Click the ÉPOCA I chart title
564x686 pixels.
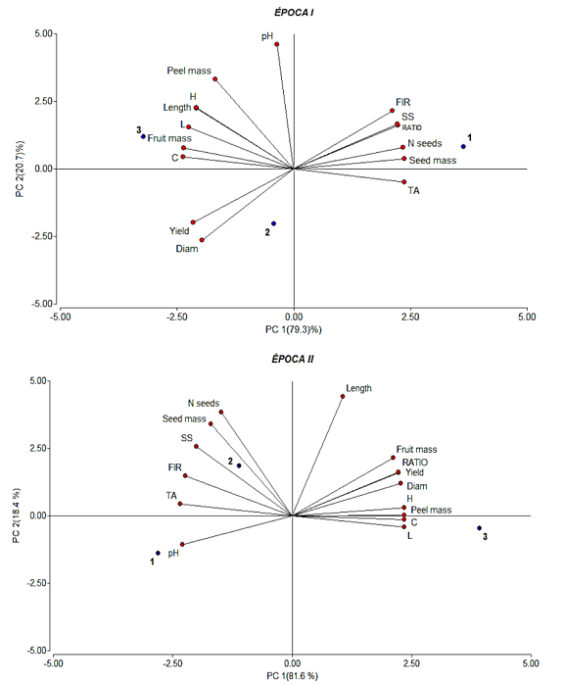[294, 13]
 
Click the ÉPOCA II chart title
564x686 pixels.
[293, 360]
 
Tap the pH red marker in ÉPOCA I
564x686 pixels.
[277, 44]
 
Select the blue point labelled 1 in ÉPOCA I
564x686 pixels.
[463, 147]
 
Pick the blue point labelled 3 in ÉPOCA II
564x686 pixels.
[479, 528]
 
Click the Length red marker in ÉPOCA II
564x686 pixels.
[343, 396]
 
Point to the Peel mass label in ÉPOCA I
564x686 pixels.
[189, 71]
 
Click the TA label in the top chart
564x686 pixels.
[413, 191]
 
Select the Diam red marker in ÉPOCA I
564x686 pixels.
[202, 240]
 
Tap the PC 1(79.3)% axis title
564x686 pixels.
[294, 329]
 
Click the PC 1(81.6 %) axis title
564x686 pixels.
[293, 676]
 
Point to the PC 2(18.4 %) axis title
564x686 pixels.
[17, 515]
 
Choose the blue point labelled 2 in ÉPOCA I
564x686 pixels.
[274, 223]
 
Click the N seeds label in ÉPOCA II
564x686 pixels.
[204, 403]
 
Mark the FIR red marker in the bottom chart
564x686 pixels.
[185, 475]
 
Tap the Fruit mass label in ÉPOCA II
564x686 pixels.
[417, 449]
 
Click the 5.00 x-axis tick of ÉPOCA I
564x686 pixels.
[527, 317]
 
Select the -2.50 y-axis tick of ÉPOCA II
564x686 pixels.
[37, 583]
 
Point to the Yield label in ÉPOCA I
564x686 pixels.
[179, 231]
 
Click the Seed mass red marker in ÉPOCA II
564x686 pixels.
[211, 423]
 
